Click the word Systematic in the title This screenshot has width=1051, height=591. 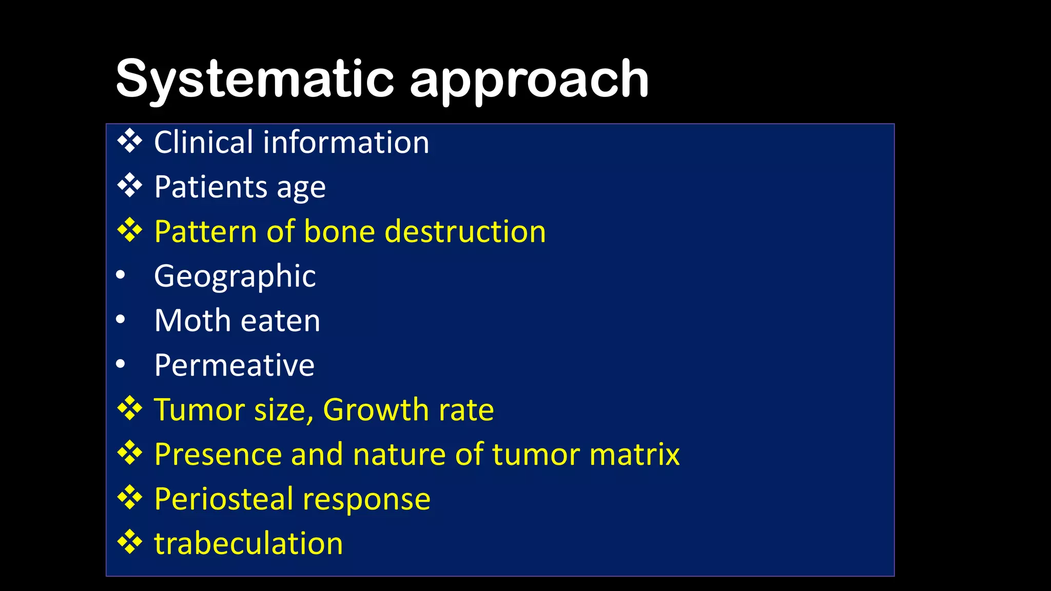255,80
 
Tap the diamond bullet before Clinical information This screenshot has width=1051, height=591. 129,141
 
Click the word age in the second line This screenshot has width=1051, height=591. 301,188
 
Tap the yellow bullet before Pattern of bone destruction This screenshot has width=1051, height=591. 129,230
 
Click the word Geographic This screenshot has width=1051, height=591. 235,277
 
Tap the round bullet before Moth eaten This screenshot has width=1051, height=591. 121,320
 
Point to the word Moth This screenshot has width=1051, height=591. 192,321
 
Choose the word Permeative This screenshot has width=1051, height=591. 234,365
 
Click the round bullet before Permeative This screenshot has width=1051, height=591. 121,364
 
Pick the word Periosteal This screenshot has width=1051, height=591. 224,499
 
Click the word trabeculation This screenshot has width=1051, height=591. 248,543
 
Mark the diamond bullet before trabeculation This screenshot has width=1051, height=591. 129,542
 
